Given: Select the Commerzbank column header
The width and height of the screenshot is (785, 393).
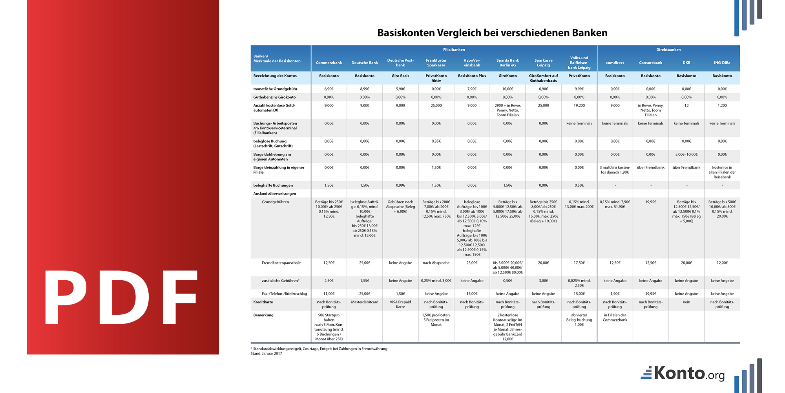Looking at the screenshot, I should [x=329, y=63].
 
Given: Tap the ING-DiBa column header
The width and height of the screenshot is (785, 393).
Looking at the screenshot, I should [x=722, y=63].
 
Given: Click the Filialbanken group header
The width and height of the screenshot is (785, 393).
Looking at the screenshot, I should [x=454, y=50].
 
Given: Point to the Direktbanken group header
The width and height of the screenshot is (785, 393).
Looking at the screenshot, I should [x=668, y=50].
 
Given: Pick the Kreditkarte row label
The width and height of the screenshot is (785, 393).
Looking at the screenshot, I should [x=263, y=302].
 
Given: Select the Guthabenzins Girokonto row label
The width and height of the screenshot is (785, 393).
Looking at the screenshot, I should [x=274, y=97].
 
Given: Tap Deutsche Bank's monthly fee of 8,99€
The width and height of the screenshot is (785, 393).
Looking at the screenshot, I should [x=365, y=89].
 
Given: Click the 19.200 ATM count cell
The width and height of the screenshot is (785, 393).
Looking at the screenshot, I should [x=579, y=106].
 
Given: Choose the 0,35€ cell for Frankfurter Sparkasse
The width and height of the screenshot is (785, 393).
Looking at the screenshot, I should [x=436, y=141].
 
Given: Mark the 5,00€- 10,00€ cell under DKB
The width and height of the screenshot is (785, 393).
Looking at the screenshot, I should [x=686, y=154].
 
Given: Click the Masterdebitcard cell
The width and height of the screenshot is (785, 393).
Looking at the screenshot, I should [x=365, y=302].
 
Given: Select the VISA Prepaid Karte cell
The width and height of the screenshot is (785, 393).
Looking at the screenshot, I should [x=400, y=305].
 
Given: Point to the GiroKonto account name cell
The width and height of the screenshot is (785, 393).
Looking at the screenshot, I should [x=508, y=76].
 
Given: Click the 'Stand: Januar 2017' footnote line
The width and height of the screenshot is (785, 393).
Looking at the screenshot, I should [x=267, y=354].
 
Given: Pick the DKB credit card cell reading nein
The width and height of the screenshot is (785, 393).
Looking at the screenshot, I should [x=686, y=302].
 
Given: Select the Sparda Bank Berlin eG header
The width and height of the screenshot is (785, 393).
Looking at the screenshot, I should [x=508, y=63].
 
